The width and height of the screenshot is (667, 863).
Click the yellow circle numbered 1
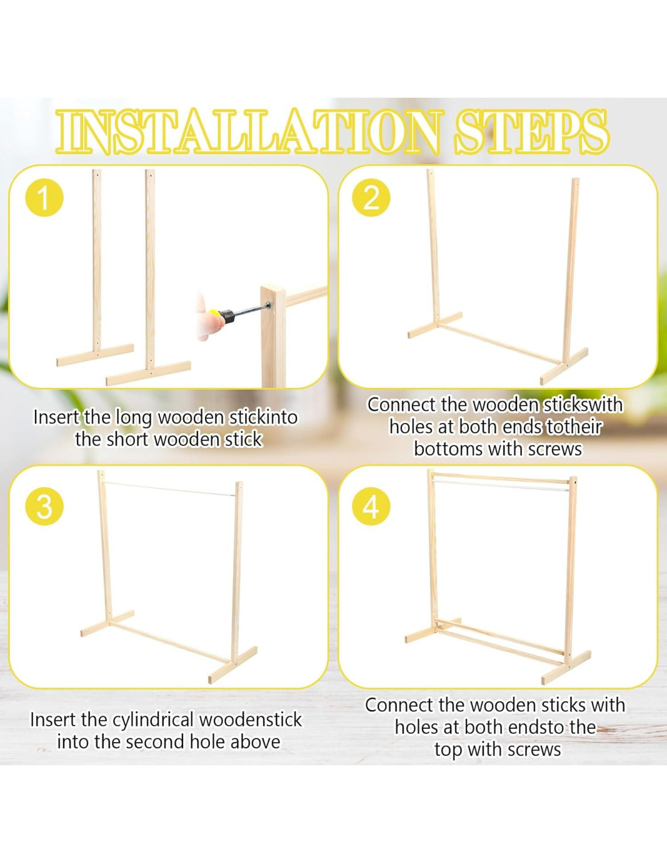[x=45, y=199]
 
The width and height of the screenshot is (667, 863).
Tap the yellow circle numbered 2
[x=371, y=199]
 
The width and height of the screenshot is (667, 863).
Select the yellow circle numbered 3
[x=44, y=507]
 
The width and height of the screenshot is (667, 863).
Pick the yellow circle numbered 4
[x=371, y=507]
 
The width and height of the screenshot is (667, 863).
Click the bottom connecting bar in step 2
[x=501, y=343]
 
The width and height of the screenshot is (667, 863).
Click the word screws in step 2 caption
[x=555, y=448]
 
